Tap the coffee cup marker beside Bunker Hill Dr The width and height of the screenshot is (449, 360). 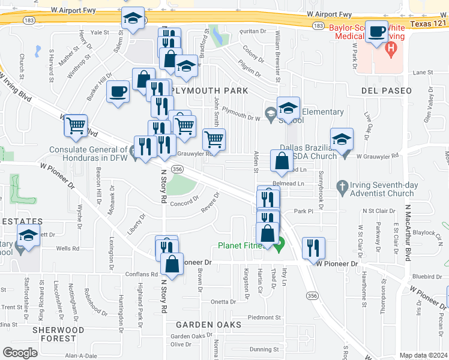pyautogui.click(x=118, y=92)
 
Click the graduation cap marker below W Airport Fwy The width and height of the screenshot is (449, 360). pyautogui.click(x=133, y=19)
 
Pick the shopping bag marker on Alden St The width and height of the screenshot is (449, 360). pyautogui.click(x=282, y=161)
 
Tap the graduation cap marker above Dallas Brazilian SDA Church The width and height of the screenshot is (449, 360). pyautogui.click(x=342, y=139)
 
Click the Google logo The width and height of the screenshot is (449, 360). pyautogui.click(x=20, y=352)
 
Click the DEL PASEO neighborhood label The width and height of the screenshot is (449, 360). pyautogui.click(x=387, y=91)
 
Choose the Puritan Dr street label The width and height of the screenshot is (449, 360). pyautogui.click(x=252, y=31)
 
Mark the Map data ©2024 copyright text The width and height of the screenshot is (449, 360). pyautogui.click(x=423, y=355)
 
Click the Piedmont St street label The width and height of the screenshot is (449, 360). pyautogui.click(x=264, y=317)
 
